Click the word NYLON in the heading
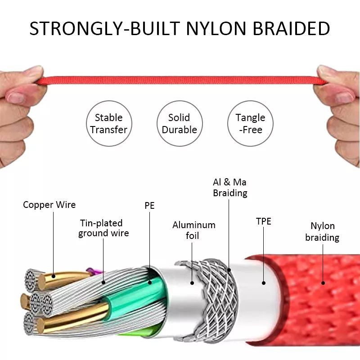click(x=216, y=28)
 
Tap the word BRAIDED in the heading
click(x=291, y=28)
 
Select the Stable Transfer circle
click(x=109, y=123)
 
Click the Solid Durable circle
click(x=180, y=123)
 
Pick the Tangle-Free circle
click(x=250, y=123)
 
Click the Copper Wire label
click(x=49, y=205)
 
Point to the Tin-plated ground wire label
click(x=103, y=228)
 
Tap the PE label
click(x=149, y=206)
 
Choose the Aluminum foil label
click(x=194, y=230)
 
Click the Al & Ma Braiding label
click(x=230, y=187)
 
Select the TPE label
click(x=264, y=221)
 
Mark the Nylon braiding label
click(x=322, y=231)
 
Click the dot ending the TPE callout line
click(x=264, y=283)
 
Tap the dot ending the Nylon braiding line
click(x=323, y=283)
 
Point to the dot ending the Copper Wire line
click(x=54, y=276)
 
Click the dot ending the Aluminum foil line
click(x=192, y=283)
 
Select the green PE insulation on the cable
click(x=135, y=296)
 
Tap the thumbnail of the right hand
click(x=344, y=97)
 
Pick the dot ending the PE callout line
click(x=150, y=283)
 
